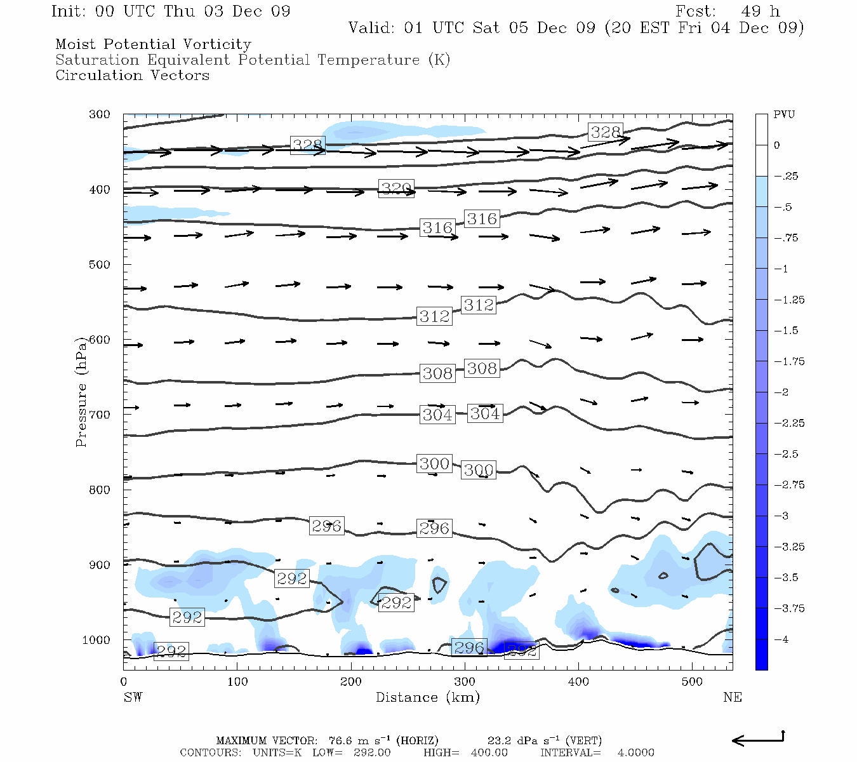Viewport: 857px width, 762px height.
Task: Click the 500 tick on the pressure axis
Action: pos(100,265)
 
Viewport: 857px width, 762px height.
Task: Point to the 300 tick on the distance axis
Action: pos(465,682)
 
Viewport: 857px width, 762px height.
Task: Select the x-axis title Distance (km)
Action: pos(427,697)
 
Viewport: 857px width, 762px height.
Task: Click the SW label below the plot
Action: pos(133,697)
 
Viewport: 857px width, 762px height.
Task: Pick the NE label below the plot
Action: pos(732,697)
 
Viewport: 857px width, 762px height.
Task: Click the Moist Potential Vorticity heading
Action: pos(153,44)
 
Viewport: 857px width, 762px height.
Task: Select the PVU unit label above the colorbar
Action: pos(784,115)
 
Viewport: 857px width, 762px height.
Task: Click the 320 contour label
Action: pos(396,189)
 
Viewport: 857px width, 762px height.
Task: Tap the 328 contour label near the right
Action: pos(605,132)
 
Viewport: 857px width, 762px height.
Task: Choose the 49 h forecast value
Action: pos(760,11)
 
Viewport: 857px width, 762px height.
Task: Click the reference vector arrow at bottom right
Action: pos(758,739)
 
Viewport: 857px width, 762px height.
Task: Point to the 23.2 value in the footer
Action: pos(499,741)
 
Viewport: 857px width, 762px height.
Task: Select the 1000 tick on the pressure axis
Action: pos(96,640)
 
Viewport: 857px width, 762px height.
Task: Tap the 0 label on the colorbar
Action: pos(777,145)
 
